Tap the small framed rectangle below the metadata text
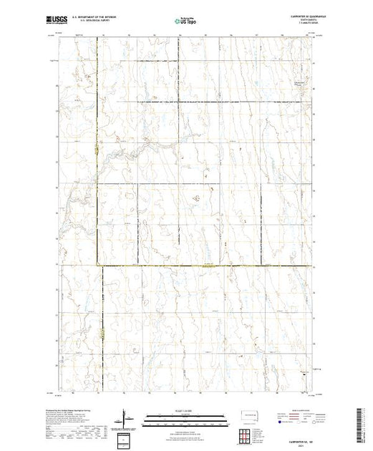point(126,438)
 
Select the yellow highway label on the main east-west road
point(208,266)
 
